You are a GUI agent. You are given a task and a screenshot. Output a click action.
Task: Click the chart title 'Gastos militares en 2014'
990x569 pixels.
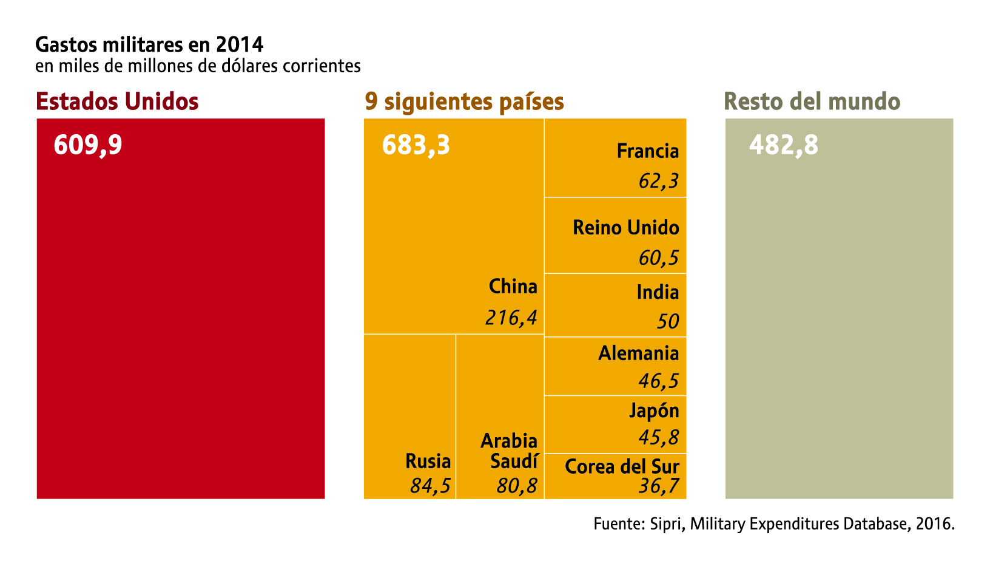tap(149, 44)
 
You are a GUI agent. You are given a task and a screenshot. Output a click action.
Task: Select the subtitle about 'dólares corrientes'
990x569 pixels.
tap(198, 66)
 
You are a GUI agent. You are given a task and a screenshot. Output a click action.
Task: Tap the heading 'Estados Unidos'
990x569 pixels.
tap(118, 101)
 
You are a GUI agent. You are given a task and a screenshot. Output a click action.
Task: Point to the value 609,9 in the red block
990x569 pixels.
tap(88, 146)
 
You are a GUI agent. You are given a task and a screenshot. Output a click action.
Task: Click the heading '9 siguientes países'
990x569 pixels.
tap(464, 101)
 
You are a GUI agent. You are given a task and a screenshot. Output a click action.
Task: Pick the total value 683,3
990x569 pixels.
tap(416, 146)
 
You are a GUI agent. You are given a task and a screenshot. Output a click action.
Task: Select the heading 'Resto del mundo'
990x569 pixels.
tap(812, 101)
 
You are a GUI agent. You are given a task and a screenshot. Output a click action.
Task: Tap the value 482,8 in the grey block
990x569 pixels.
tap(784, 146)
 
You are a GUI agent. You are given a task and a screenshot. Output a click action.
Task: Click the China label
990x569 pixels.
tap(513, 286)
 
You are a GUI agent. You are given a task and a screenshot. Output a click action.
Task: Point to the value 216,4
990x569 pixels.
tap(511, 318)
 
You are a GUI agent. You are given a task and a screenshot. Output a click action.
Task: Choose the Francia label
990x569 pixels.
tap(648, 151)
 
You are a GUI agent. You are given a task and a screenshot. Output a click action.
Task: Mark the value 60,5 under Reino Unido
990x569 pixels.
tap(659, 258)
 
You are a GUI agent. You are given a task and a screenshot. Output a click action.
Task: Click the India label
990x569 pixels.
tap(658, 293)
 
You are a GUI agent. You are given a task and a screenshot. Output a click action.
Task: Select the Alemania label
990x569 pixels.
tap(639, 353)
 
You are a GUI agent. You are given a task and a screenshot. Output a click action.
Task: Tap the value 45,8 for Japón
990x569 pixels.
tap(659, 437)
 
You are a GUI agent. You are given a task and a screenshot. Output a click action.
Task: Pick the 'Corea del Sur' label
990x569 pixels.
tap(622, 466)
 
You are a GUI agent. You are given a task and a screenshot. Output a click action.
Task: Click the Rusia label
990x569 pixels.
tap(428, 462)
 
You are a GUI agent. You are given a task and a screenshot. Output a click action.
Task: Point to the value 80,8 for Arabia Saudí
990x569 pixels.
tap(517, 486)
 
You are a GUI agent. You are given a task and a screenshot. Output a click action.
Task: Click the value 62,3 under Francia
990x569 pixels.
tap(659, 181)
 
